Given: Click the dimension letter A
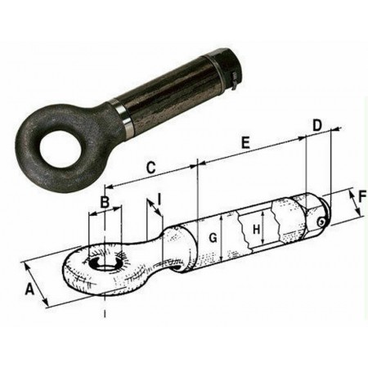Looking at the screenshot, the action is tap(29, 289).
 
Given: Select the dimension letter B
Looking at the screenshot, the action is tap(105, 202).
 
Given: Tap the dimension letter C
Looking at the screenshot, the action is tap(150, 168).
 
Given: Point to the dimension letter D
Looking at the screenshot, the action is tap(317, 125).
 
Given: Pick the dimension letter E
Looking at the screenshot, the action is tap(245, 143).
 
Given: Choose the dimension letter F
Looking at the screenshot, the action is tap(361, 197).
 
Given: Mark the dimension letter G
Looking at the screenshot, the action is tap(213, 238).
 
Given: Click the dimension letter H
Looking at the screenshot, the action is tap(257, 229).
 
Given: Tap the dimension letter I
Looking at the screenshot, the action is tap(159, 200).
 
